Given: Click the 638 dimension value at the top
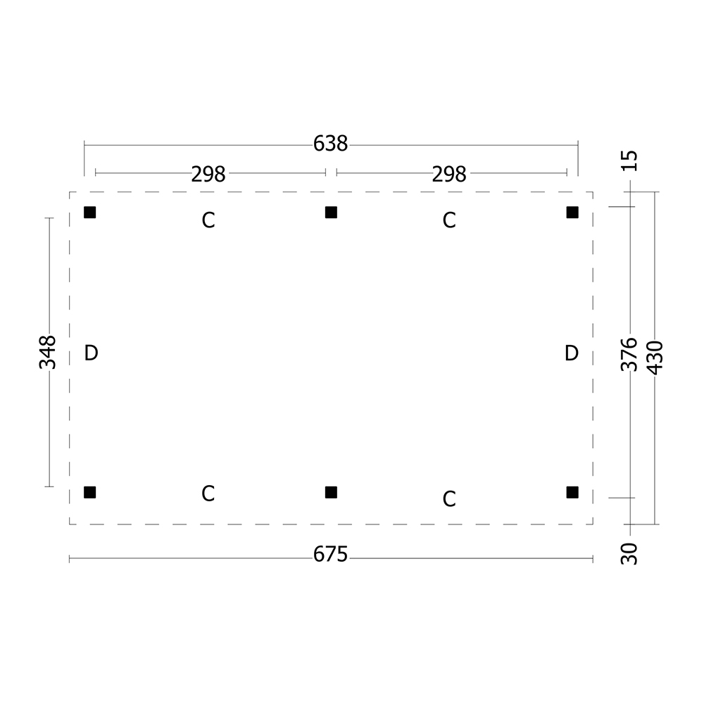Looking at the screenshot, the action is click(330, 144).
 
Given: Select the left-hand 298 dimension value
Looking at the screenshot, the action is click(208, 174).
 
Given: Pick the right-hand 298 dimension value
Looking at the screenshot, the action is click(449, 174).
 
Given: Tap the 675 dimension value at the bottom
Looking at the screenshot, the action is click(330, 555).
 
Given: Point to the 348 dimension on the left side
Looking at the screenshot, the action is click(48, 352).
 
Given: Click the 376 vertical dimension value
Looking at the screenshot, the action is click(629, 355).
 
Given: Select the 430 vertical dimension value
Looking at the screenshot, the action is click(655, 358).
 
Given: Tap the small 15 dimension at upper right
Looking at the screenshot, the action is click(629, 161).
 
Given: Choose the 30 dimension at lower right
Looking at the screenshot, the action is click(629, 553).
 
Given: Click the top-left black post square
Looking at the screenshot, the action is click(90, 213).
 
